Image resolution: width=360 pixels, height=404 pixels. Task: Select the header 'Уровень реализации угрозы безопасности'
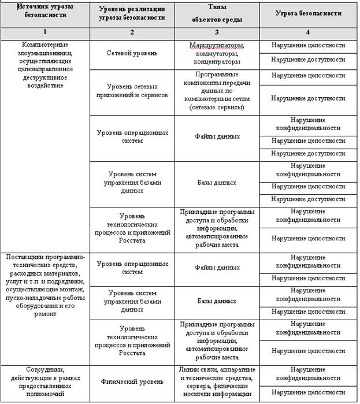132,13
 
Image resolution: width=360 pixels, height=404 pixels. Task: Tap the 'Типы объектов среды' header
217,13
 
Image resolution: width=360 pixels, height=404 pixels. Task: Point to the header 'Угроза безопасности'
308,13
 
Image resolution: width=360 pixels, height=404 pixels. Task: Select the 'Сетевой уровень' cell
132,53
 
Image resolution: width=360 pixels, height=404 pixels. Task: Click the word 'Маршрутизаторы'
217,45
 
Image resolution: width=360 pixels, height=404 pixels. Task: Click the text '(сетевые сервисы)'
217,107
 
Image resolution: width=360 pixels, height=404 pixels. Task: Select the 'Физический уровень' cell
132,381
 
